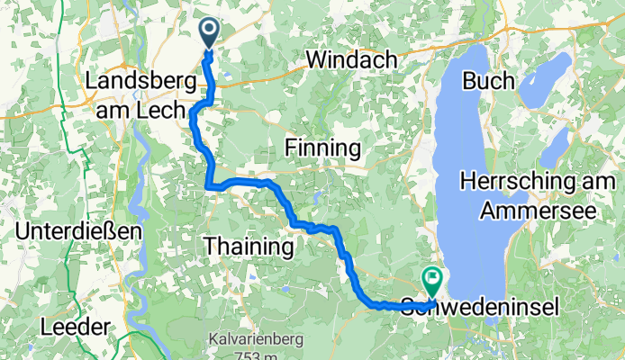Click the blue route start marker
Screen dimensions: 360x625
208,33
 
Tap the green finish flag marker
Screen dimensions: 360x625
431,282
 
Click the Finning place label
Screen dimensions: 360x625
322,148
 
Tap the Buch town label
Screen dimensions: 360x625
489,81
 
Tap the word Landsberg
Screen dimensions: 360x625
140,81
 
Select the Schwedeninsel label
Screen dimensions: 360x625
478,307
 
